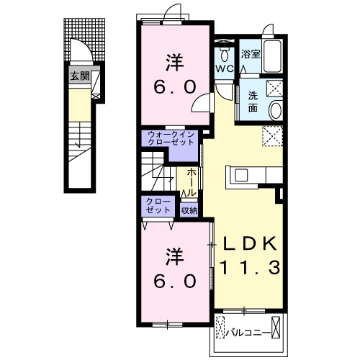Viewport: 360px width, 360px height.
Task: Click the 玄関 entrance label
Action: [x=80, y=76]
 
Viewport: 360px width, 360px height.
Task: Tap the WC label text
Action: [x=225, y=69]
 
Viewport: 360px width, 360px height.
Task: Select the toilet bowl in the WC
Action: [x=225, y=55]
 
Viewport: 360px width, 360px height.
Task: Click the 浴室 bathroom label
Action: [x=251, y=54]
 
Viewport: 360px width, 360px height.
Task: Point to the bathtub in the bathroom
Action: [x=272, y=56]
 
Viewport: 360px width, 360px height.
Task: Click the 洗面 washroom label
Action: [x=253, y=102]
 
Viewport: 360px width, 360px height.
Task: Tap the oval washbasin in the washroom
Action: [x=276, y=110]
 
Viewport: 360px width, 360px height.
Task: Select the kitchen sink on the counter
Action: [x=241, y=175]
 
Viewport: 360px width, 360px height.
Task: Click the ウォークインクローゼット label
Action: [x=171, y=138]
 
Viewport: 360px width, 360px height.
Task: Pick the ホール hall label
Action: [x=192, y=181]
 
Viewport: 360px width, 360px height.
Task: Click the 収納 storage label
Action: [x=189, y=210]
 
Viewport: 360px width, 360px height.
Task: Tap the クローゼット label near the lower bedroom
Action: [x=158, y=206]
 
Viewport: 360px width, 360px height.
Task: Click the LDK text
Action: [x=250, y=244]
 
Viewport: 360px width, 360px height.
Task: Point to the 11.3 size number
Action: [x=250, y=267]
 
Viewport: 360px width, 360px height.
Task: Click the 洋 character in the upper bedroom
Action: [x=174, y=63]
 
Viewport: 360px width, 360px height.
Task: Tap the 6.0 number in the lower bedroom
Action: [x=174, y=281]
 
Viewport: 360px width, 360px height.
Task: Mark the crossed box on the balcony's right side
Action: [x=276, y=328]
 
